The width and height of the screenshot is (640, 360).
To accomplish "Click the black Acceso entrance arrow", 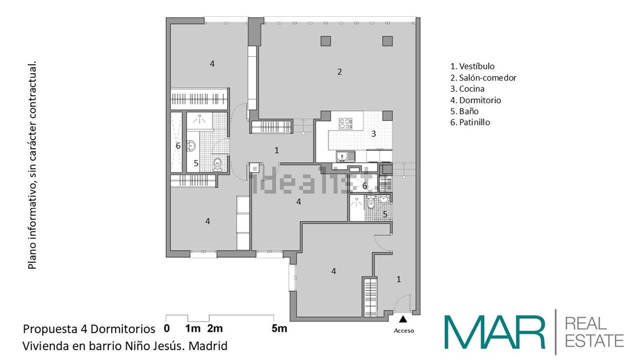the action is (x=403, y=319).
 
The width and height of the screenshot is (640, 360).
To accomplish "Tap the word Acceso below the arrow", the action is (x=404, y=331).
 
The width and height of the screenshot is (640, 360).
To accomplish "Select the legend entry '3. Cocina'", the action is (x=468, y=89).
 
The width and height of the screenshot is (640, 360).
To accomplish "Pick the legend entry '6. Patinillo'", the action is (x=470, y=122).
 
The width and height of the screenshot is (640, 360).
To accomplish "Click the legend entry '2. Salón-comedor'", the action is (x=483, y=78).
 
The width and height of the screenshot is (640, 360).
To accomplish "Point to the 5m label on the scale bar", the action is (x=279, y=328).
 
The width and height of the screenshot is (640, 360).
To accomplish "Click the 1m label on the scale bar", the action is (x=193, y=328).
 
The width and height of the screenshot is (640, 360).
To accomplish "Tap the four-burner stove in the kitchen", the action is (x=346, y=124).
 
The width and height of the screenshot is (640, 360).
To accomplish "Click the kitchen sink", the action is (x=345, y=156).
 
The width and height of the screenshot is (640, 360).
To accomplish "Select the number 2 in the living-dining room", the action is (x=340, y=72).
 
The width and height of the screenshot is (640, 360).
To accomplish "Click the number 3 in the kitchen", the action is (x=373, y=134).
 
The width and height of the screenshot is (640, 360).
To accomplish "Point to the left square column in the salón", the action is (x=326, y=41).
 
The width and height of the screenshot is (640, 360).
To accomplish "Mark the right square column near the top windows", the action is (x=387, y=41).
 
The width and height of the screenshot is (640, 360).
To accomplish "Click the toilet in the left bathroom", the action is (x=218, y=165).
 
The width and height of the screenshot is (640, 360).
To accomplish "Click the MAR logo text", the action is (x=495, y=332).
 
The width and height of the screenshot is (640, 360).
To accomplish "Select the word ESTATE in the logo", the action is (x=594, y=341).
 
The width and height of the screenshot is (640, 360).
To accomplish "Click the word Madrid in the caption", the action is (x=208, y=346).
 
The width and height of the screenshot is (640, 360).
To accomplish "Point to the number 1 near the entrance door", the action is (x=399, y=279).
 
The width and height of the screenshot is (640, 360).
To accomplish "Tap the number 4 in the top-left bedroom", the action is (x=212, y=64).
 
